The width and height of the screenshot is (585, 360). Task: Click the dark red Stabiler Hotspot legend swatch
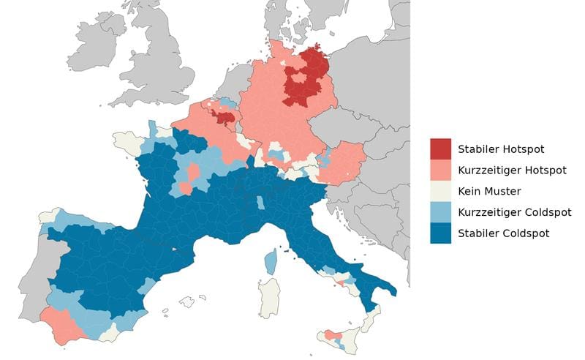tap(440, 149)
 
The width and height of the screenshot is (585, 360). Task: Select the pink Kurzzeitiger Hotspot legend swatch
tap(440, 170)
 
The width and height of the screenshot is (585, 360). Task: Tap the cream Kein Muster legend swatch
tap(440, 191)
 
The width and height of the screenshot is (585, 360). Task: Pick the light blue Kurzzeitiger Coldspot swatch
tap(440, 212)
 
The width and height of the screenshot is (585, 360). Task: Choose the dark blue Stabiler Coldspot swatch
tap(440, 233)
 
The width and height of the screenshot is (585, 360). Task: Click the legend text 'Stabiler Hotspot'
tap(501, 149)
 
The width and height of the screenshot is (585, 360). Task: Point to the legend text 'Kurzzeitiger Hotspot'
tap(512, 170)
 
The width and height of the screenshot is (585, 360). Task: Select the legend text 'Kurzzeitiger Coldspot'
tap(514, 213)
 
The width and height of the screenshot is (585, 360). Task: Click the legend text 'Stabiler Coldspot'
tap(503, 233)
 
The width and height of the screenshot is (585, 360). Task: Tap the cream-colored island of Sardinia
tap(269, 296)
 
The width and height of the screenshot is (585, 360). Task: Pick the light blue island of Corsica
tap(271, 260)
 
